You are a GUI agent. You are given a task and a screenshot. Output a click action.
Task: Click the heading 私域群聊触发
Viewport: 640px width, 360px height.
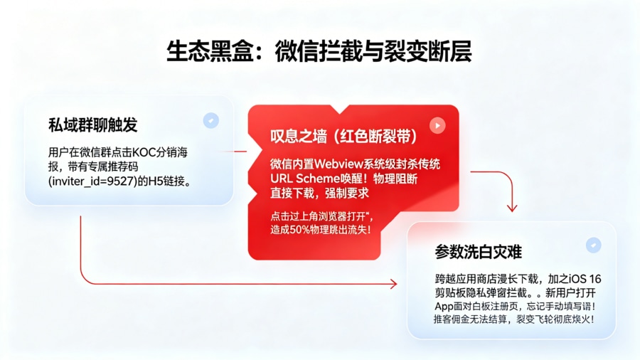[93, 125]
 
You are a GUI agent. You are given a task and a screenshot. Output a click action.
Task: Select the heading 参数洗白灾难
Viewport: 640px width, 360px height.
[479, 252]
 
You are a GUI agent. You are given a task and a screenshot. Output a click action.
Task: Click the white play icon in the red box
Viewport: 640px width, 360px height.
[437, 126]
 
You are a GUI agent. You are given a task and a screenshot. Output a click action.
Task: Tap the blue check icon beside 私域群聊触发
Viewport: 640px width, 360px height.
[210, 120]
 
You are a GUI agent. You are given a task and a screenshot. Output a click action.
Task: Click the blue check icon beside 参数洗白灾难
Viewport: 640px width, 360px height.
[592, 245]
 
